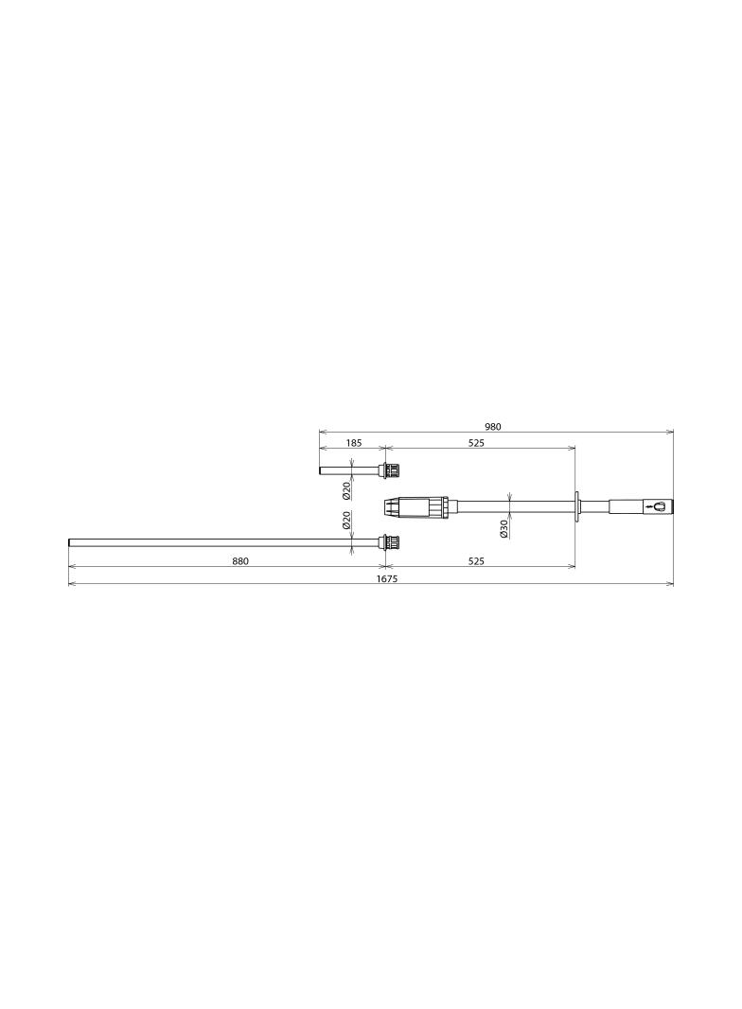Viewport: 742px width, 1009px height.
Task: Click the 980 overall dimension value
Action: point(492,426)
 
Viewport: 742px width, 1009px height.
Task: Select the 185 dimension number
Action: point(354,443)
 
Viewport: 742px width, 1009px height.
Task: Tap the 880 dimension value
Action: point(240,561)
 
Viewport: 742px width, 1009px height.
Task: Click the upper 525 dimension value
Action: point(476,443)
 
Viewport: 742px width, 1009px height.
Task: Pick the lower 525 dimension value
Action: point(476,561)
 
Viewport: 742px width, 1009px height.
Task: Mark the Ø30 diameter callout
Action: point(504,528)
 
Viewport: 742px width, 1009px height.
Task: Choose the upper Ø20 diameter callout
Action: point(346,490)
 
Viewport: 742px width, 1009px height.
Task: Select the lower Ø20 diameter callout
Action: point(346,520)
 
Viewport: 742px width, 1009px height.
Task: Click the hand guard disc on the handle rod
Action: point(576,505)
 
